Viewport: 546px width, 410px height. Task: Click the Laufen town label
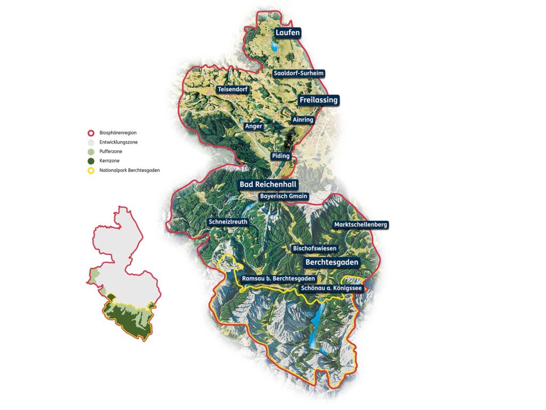(288, 33)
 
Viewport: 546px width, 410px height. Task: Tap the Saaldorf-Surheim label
(298, 73)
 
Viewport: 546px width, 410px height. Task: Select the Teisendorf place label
(232, 90)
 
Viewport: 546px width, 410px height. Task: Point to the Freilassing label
(318, 100)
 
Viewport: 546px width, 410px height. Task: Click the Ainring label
(303, 120)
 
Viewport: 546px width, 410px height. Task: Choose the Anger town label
(253, 126)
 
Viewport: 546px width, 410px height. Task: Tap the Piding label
(280, 156)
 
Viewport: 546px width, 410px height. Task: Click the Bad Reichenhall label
(268, 184)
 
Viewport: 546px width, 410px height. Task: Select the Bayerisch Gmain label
(284, 196)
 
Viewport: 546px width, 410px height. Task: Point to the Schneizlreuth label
(228, 222)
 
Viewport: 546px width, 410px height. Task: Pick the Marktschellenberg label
(360, 225)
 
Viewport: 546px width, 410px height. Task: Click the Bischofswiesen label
(315, 248)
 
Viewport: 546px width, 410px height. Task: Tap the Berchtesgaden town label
(331, 262)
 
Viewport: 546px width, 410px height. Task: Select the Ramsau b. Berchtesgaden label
(278, 278)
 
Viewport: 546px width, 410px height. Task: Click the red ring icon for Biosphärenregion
(91, 132)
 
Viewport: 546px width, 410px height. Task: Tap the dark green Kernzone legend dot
(91, 161)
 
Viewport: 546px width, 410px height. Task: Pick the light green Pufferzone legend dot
(91, 151)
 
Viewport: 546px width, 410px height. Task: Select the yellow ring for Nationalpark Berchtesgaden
(91, 171)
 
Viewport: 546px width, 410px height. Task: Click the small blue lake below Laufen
(274, 47)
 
